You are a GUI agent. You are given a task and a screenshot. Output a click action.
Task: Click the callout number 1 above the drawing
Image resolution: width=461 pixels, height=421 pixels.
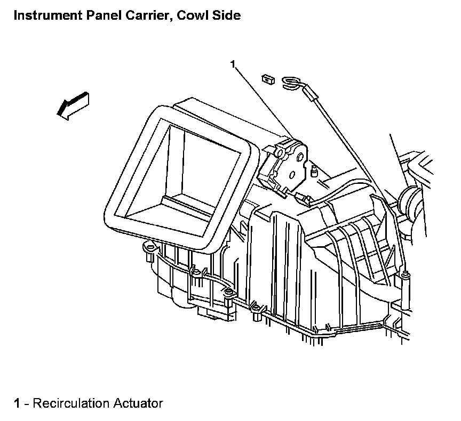pos(233,64)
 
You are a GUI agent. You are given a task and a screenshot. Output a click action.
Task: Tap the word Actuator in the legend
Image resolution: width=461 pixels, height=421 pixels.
pos(138,403)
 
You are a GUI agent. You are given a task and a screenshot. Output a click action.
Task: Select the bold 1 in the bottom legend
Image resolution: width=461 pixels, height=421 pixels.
pos(17,403)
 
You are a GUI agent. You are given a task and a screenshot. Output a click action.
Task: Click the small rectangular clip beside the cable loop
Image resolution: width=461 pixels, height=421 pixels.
pos(268,79)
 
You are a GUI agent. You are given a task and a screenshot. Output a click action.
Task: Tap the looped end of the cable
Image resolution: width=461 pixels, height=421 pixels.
pos(291,82)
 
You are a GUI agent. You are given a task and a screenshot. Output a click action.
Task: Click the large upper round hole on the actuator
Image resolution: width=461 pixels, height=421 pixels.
pos(300,157)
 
